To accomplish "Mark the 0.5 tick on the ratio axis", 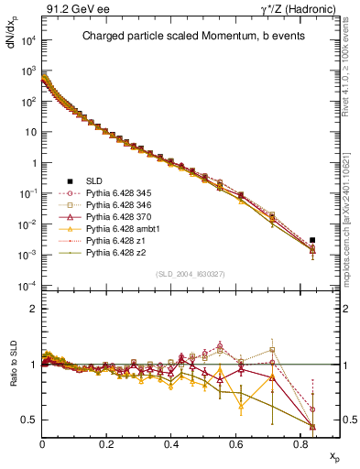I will pos(29,420).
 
